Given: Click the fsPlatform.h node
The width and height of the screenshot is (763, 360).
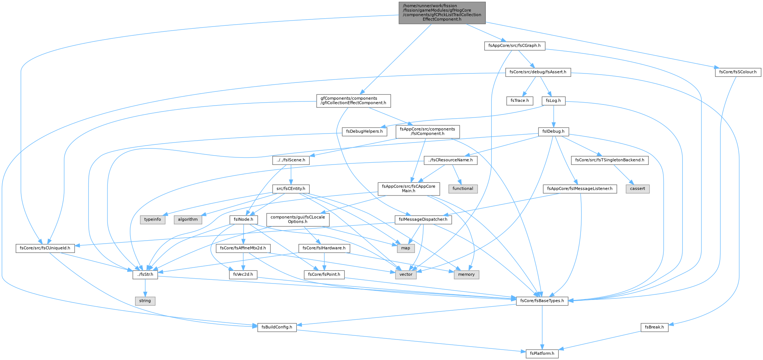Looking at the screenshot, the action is click(542, 353).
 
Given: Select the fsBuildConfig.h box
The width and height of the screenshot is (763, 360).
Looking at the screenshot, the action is click(277, 327).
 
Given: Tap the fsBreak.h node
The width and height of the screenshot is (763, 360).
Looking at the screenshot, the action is click(654, 327).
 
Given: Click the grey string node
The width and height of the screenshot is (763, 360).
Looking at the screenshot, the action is click(145, 301).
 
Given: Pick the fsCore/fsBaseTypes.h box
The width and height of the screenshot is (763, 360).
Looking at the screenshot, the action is click(542, 301).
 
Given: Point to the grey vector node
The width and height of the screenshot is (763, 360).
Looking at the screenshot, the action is click(406, 274).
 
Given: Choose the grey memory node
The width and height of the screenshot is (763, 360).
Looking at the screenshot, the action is click(466, 274).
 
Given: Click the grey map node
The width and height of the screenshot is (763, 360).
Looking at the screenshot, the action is click(406, 248).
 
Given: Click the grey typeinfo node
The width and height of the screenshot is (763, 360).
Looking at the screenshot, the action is click(153, 219).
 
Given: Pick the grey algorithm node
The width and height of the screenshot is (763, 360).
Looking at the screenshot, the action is click(188, 219).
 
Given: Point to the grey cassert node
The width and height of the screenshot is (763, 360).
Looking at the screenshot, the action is click(638, 189).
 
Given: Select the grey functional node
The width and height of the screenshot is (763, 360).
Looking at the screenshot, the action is click(463, 189).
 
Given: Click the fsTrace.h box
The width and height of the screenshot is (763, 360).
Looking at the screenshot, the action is click(520, 101).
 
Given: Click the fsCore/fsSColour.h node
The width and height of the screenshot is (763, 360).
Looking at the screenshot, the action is click(738, 72).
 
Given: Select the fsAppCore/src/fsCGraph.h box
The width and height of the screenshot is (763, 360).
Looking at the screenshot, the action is click(515, 46).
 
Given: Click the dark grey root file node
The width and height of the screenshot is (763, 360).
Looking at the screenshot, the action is click(442, 13).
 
